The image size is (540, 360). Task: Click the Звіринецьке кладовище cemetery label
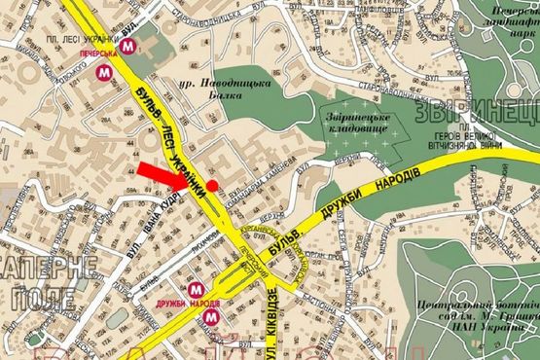click(355, 123)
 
